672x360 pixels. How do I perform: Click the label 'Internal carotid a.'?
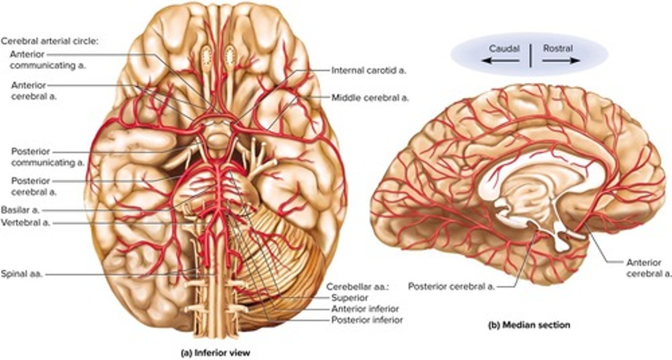[369, 71]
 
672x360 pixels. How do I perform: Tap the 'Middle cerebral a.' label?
[370, 98]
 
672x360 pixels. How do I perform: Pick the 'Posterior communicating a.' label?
[47, 157]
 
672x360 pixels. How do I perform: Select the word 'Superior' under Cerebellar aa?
[349, 297]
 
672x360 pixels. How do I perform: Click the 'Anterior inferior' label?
[365, 309]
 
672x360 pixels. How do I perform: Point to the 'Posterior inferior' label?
[367, 320]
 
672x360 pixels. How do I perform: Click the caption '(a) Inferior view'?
[215, 353]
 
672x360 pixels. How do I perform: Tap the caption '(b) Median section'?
[529, 325]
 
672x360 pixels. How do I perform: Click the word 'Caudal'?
[504, 49]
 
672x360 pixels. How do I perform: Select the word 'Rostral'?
[558, 49]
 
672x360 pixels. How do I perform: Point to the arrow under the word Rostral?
[562, 61]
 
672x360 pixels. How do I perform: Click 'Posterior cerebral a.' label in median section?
[451, 286]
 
